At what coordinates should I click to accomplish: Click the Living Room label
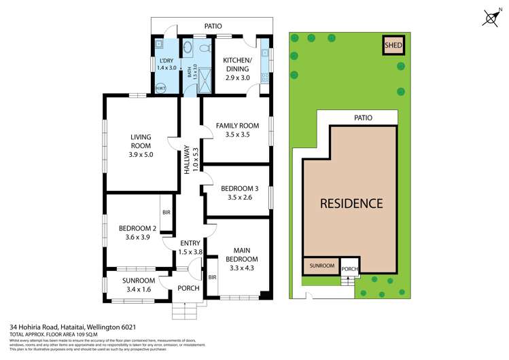pos(141,141)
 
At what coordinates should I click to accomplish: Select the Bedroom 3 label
pos(238,188)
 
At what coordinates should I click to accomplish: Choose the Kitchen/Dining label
pos(237,65)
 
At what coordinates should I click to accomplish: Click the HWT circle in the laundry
pos(160,88)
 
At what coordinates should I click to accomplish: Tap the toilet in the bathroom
pos(188,48)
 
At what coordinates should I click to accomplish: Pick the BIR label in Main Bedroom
pos(212,277)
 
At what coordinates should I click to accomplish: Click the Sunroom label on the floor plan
pos(139,281)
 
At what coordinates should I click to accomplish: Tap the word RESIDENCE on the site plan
pos(351,202)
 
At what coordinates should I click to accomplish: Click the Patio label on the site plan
pos(363,118)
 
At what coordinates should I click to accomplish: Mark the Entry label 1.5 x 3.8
pos(190,247)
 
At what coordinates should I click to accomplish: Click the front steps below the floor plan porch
pos(184,310)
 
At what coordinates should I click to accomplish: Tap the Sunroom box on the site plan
pos(321,266)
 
